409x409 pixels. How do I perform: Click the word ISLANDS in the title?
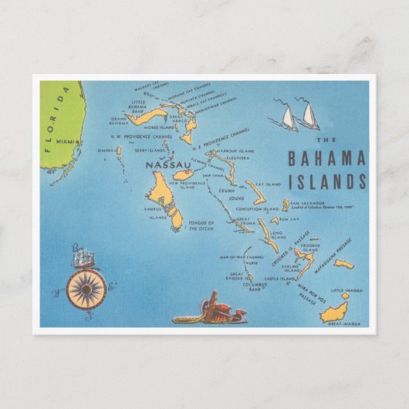click(x=325, y=183)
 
